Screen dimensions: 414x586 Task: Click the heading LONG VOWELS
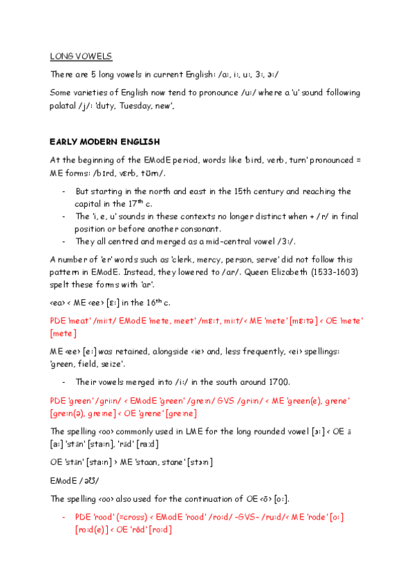point(81,55)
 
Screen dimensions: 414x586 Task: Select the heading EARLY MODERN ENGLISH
point(104,142)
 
